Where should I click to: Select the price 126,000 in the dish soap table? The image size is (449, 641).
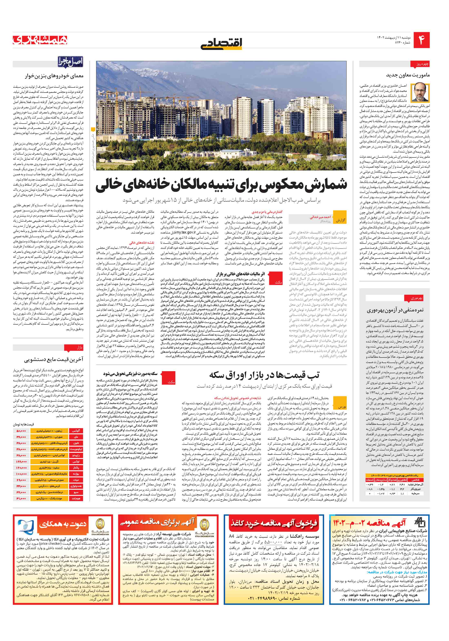pos(21,462)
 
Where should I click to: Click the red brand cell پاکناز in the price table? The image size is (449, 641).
pos(76,468)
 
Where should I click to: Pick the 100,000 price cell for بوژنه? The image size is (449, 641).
pos(21,474)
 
